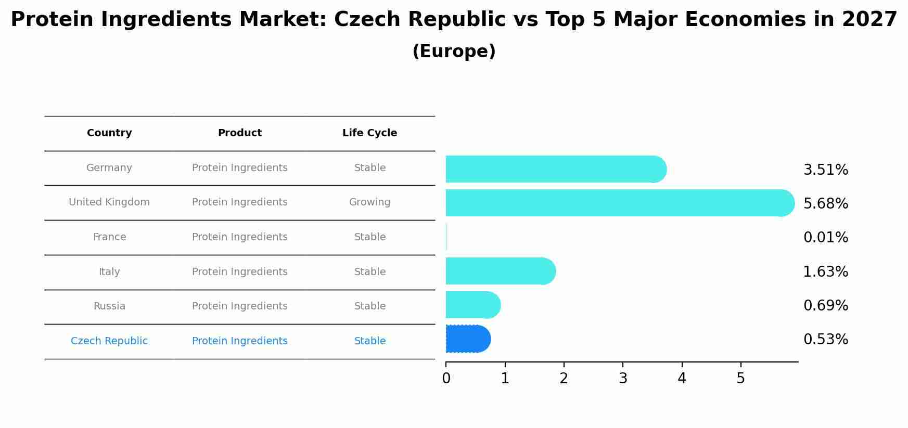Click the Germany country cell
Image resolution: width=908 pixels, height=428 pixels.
[x=109, y=168]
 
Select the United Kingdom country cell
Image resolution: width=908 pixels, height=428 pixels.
[x=109, y=202]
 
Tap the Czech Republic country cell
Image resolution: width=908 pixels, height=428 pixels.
[x=109, y=341]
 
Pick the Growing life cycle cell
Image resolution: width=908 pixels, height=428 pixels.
[x=369, y=202]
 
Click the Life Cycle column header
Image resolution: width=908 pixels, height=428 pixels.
[x=369, y=133]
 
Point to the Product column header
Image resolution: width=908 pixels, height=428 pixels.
[x=239, y=133]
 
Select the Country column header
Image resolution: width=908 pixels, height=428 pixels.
[x=109, y=133]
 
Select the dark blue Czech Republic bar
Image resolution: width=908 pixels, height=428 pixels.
[x=467, y=339]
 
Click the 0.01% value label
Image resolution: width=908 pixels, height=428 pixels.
[x=825, y=238]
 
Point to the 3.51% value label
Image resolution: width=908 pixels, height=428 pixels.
[x=825, y=170]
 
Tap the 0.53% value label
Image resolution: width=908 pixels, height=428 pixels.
[x=825, y=340]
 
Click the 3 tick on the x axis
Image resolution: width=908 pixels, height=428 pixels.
[x=623, y=379]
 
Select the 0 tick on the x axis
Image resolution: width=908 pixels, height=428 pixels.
[x=446, y=379]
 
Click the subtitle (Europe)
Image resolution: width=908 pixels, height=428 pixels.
[x=454, y=51]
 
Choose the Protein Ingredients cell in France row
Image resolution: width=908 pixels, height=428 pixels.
[x=239, y=237]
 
